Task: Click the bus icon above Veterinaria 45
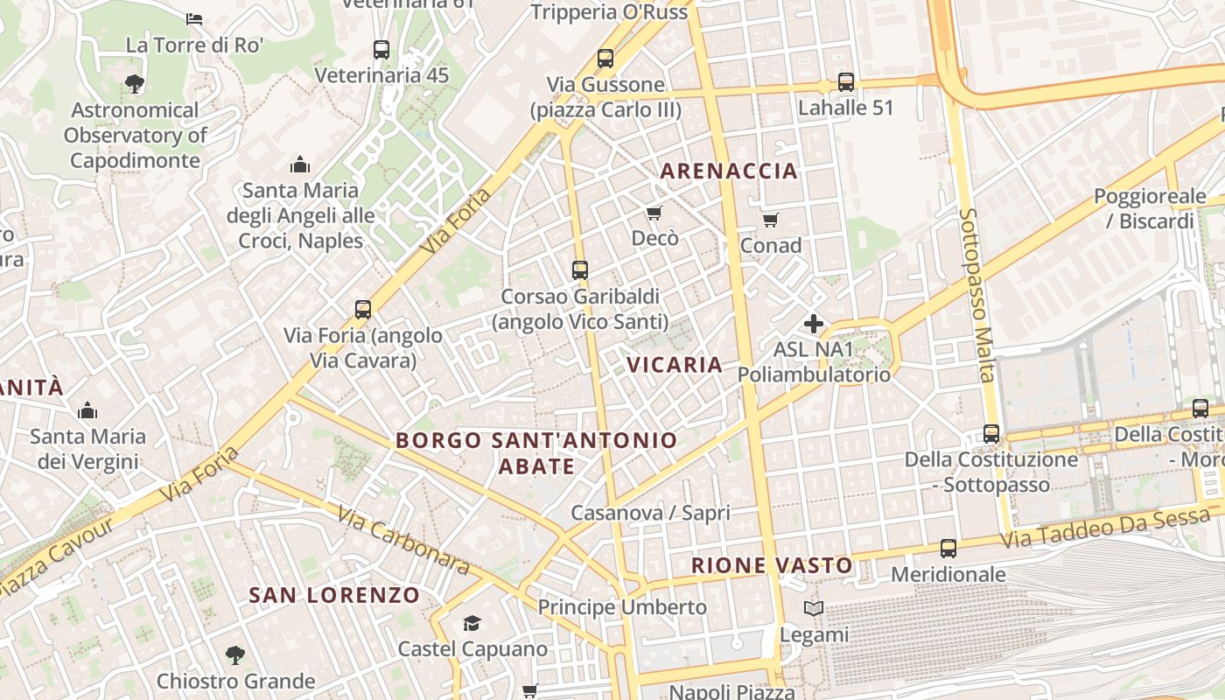[x=381, y=49]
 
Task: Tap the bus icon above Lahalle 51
[x=845, y=82]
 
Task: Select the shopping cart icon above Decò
[x=654, y=213]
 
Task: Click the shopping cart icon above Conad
[x=770, y=220]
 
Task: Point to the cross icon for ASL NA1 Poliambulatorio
[x=814, y=324]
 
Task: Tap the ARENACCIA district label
[x=729, y=171]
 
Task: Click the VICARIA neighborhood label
[x=675, y=365]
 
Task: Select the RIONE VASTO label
[x=772, y=565]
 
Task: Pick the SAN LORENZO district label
[x=334, y=595]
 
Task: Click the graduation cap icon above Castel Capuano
[x=472, y=623]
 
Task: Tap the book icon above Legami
[x=814, y=609]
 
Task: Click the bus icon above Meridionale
[x=948, y=549]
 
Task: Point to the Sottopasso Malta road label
[x=977, y=294]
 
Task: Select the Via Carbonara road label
[x=402, y=542]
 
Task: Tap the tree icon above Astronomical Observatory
[x=135, y=84]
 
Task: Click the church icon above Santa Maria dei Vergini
[x=87, y=410]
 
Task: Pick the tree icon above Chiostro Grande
[x=234, y=654]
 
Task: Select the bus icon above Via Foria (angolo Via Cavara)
[x=363, y=309]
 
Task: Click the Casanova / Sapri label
[x=649, y=513]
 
